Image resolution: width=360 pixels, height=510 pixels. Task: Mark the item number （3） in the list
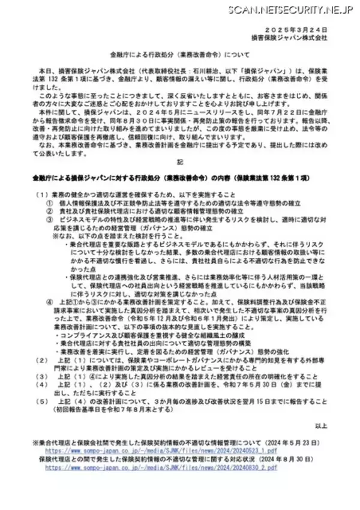point(41,379)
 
